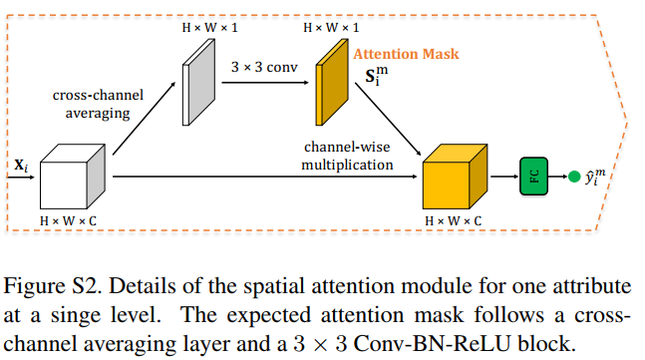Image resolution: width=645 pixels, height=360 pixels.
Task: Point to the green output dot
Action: [573, 178]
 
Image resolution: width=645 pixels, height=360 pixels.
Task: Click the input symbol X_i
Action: [20, 166]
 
